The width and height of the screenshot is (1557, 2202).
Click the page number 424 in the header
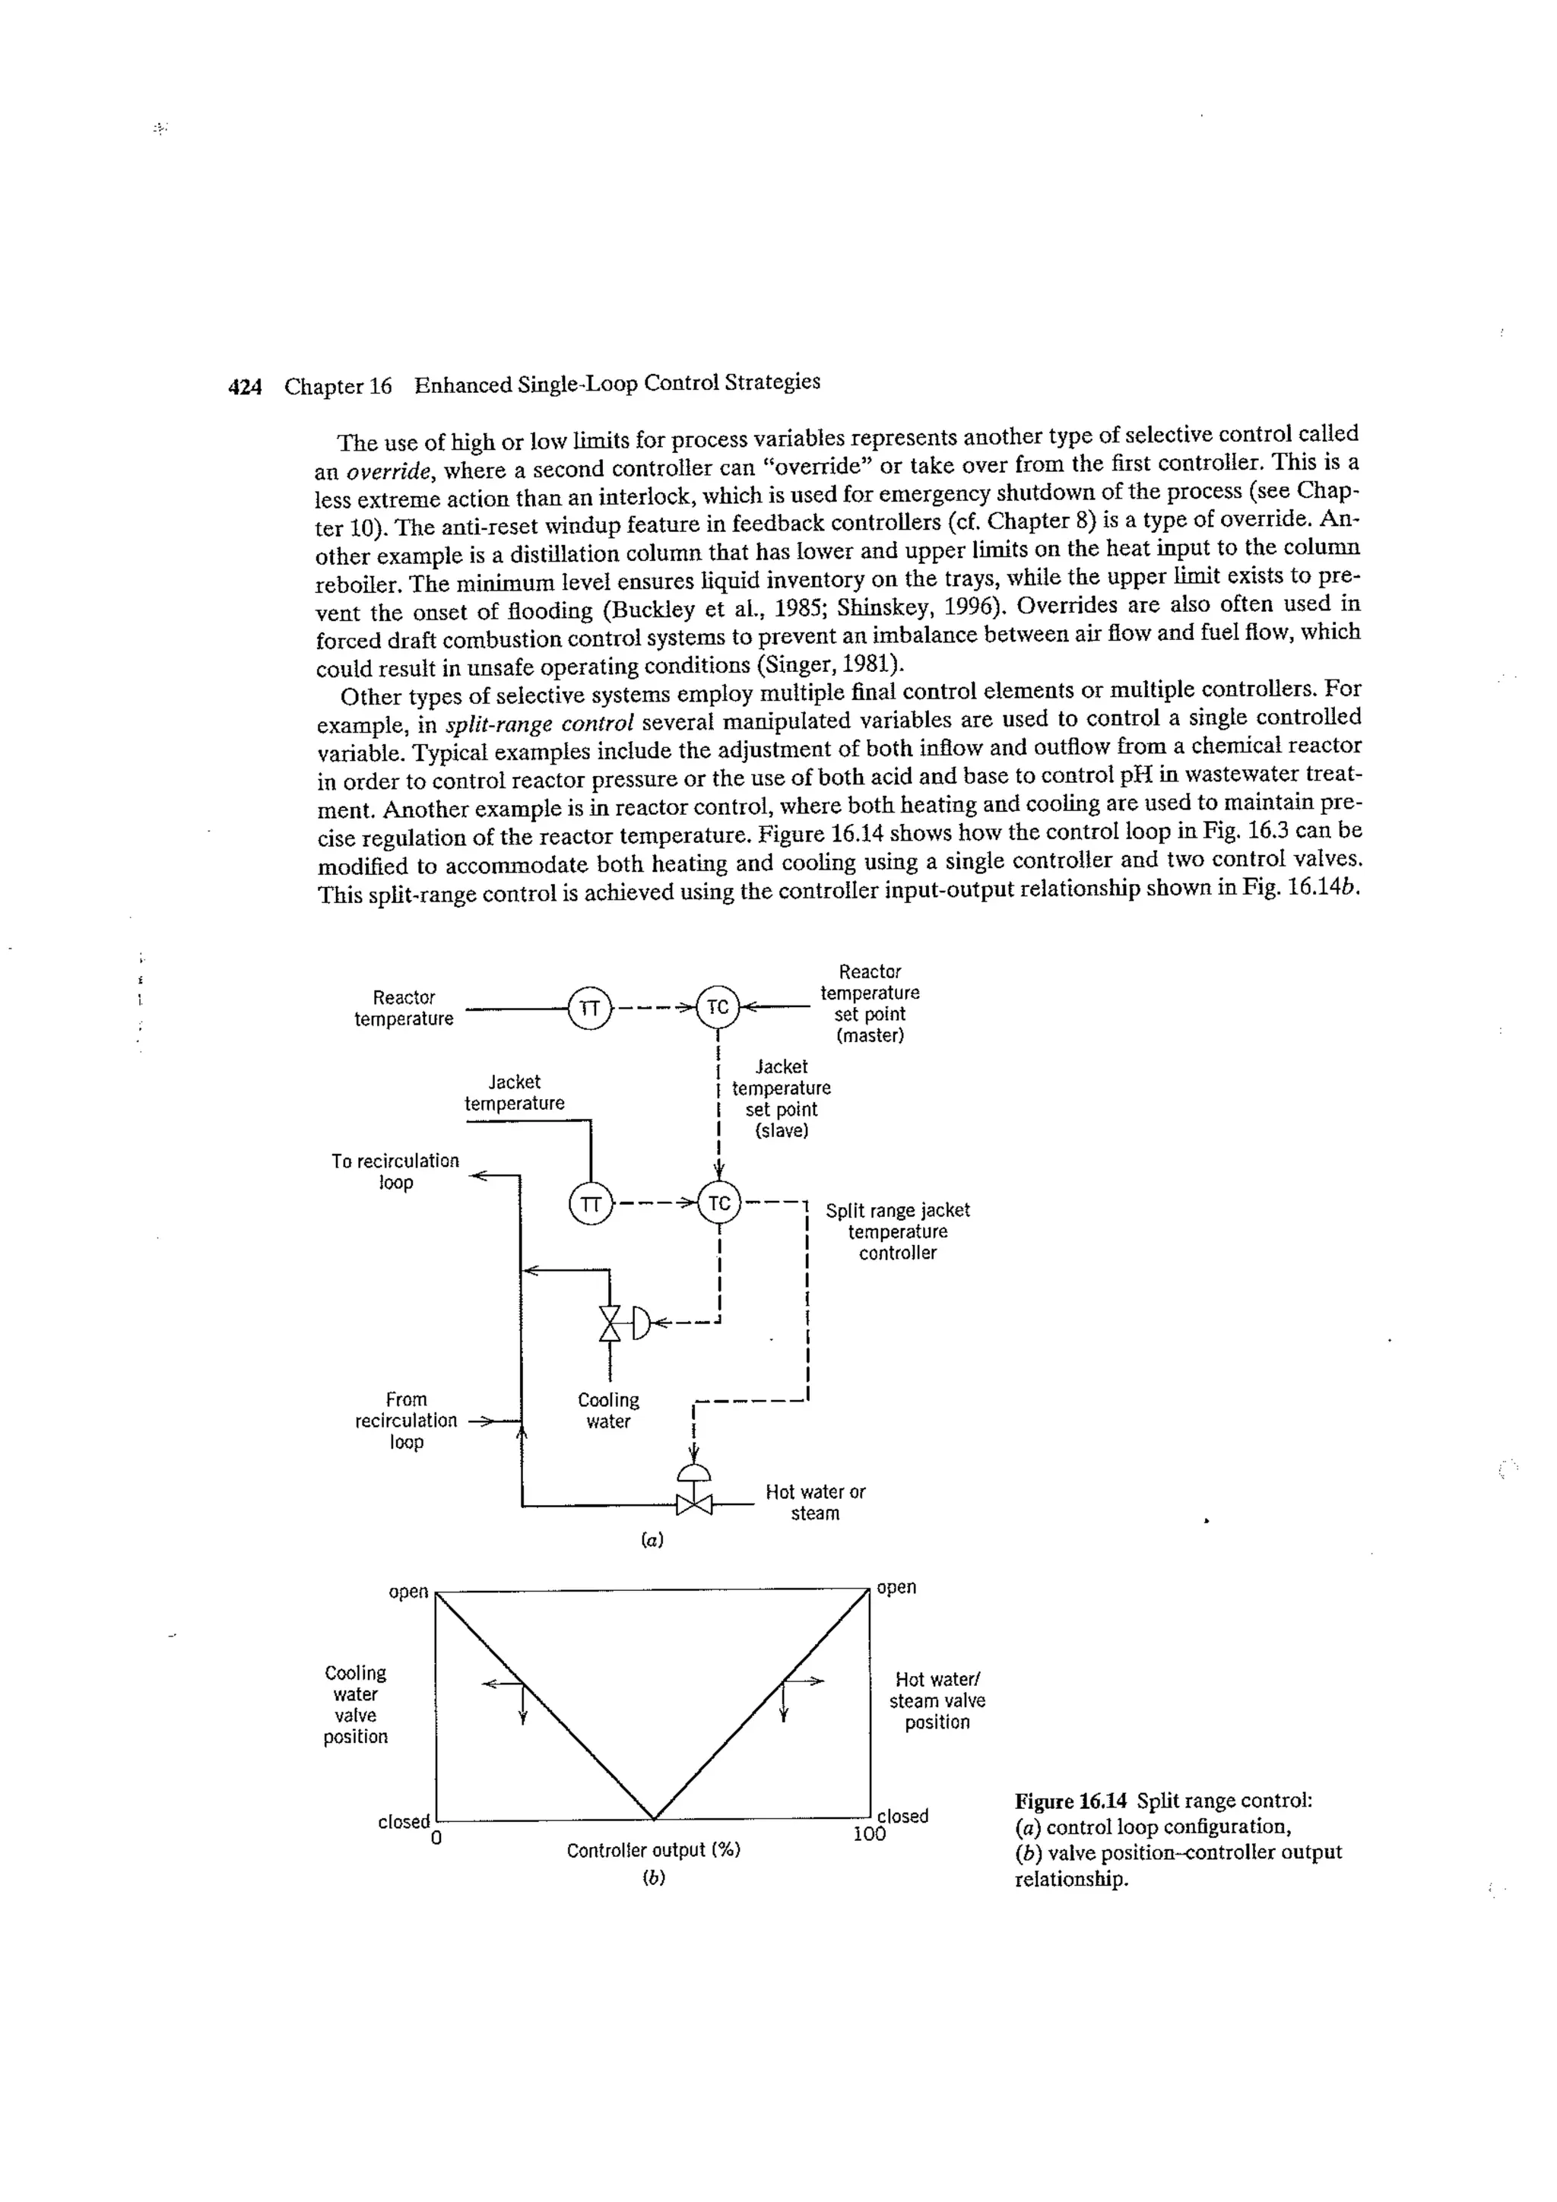point(245,388)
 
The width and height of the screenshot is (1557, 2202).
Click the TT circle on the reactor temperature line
point(591,1008)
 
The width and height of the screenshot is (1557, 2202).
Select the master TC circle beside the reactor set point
point(718,1007)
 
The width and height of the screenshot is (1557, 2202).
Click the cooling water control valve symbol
point(611,1323)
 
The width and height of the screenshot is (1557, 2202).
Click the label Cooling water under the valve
point(608,1411)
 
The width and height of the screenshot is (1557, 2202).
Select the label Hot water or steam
point(814,1502)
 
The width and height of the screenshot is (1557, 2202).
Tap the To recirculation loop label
point(395,1171)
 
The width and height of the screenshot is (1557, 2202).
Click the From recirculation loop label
point(406,1421)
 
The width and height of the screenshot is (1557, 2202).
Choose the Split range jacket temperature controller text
point(897,1231)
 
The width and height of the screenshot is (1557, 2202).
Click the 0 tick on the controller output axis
point(436,1839)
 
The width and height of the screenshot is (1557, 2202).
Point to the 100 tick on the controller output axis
point(869,1835)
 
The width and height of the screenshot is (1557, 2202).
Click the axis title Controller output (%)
point(652,1850)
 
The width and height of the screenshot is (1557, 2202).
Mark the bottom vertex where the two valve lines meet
point(653,1818)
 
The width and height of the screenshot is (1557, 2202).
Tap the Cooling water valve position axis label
point(355,1704)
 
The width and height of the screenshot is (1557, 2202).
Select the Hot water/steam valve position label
point(937,1700)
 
